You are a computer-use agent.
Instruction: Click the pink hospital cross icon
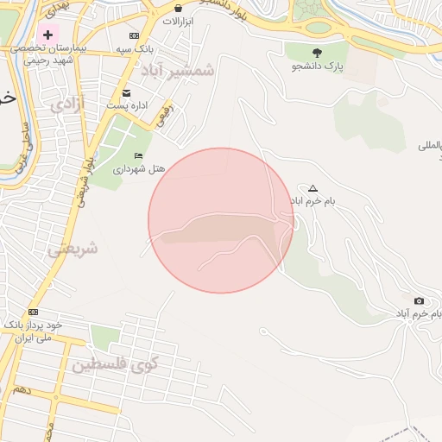[x=48, y=34]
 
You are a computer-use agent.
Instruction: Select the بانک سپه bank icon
[x=133, y=35]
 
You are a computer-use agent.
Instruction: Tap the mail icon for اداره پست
[x=127, y=92]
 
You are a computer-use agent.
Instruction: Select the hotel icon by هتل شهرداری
[x=138, y=155]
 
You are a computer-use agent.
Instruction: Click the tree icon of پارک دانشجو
[x=317, y=53]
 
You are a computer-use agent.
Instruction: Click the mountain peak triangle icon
[x=313, y=188]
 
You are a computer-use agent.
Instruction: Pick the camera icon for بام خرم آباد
[x=419, y=301]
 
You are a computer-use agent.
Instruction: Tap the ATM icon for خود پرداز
[x=33, y=312]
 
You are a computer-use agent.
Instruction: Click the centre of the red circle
[x=221, y=220]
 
